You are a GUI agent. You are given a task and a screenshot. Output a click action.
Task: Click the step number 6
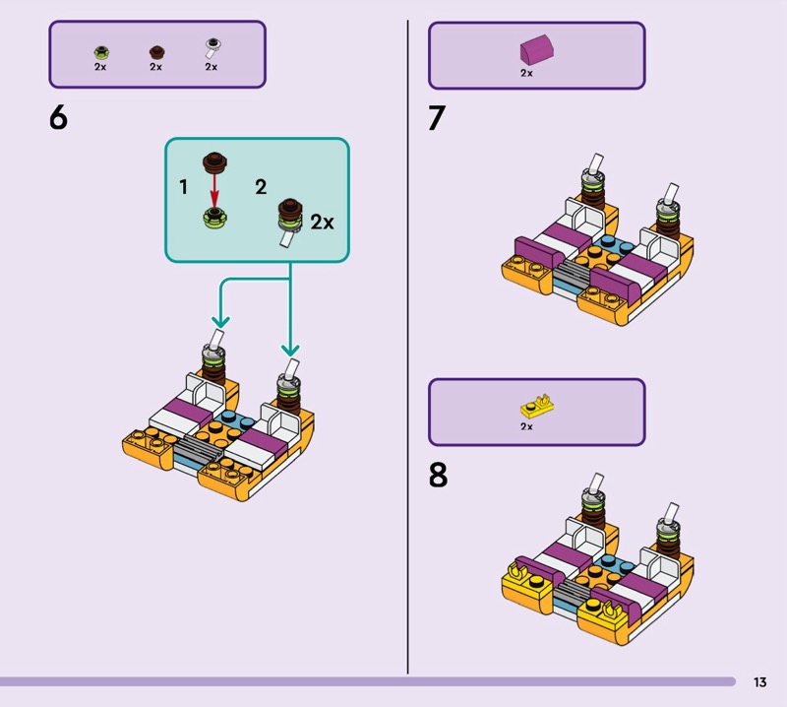[x=58, y=118]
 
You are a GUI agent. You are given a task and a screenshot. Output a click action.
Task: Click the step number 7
[x=437, y=118]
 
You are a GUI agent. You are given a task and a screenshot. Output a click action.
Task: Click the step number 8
[x=438, y=475]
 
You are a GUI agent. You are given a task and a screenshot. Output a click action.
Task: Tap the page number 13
[x=759, y=681]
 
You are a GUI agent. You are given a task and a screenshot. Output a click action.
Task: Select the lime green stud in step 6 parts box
[x=100, y=50]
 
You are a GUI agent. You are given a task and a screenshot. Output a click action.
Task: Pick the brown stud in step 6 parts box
[x=155, y=50]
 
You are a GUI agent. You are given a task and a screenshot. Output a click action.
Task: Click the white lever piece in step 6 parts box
[x=212, y=47]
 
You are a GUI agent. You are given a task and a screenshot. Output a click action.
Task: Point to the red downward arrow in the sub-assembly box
[x=215, y=190]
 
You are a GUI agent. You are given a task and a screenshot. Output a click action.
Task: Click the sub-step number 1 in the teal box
[x=183, y=186]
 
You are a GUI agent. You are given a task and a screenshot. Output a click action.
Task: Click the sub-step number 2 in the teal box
[x=261, y=186]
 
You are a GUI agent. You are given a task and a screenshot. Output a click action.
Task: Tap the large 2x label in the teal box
[x=322, y=222]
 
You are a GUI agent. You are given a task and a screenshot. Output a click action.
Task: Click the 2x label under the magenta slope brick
[x=526, y=73]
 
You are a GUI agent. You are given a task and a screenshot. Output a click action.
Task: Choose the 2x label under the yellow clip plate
[x=526, y=427]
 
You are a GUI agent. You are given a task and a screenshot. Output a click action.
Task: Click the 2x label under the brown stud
[x=155, y=67]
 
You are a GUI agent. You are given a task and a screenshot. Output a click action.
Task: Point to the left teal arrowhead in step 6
[x=220, y=321]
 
